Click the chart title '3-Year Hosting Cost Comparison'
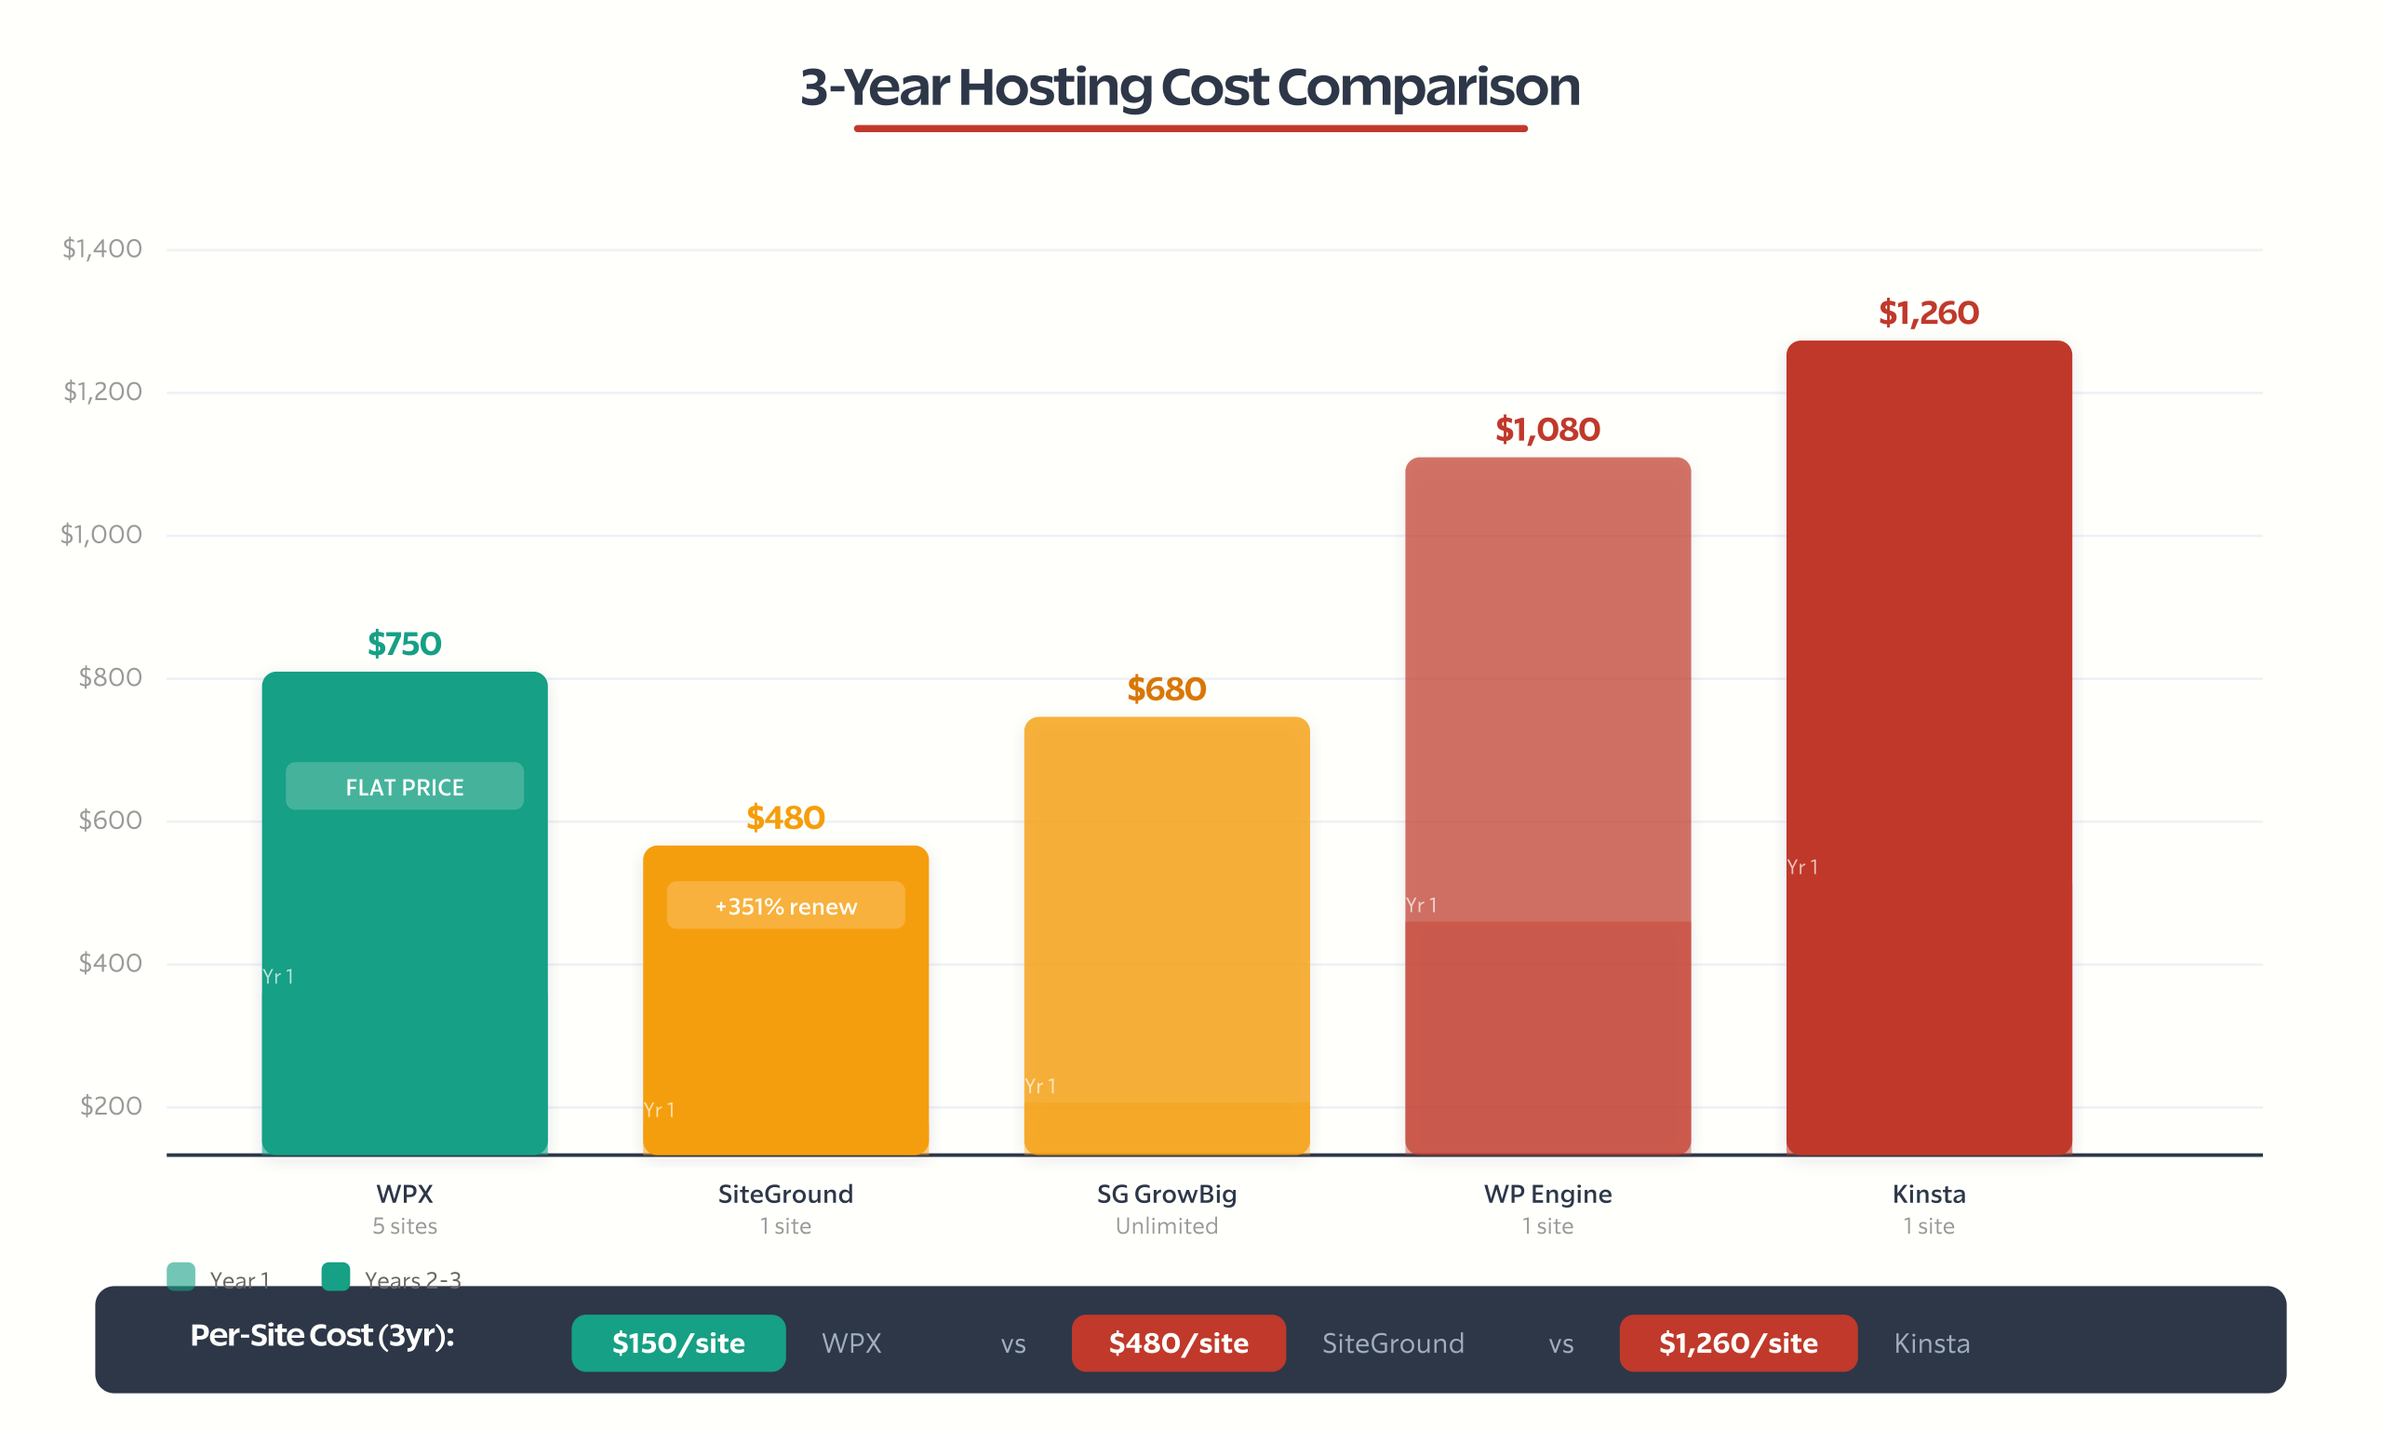tap(1190, 87)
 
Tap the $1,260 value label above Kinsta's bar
tap(1929, 313)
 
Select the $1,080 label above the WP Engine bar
tap(1547, 430)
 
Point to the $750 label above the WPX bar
tap(405, 643)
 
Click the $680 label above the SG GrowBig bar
tap(1166, 689)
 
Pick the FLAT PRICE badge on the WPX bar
tap(405, 787)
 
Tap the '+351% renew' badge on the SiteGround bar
tap(785, 906)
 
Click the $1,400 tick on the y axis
tap(102, 248)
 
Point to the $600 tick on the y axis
tap(110, 821)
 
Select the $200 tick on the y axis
tap(111, 1105)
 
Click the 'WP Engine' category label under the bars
tap(1547, 1194)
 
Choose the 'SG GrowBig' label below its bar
tap(1166, 1194)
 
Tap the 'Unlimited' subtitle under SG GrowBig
tap(1166, 1226)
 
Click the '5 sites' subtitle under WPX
tap(405, 1226)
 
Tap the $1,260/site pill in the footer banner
tap(1738, 1342)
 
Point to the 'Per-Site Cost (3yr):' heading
tap(322, 1336)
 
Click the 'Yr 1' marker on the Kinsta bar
tap(1802, 867)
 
